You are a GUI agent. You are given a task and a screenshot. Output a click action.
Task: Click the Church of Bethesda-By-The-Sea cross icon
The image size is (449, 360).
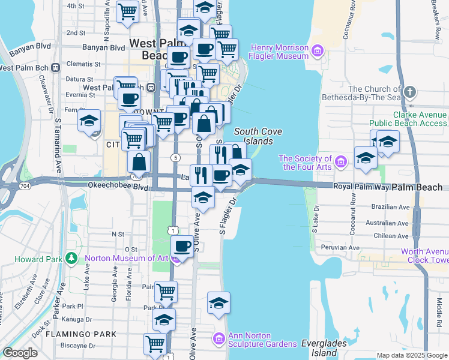pos(410,92)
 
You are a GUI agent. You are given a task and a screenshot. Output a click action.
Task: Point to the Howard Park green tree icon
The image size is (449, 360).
pos(71,259)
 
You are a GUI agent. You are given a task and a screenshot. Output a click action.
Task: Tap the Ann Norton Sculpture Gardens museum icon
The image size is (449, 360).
pos(218,340)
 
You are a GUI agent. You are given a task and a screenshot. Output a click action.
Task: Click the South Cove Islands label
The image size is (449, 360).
pos(253,136)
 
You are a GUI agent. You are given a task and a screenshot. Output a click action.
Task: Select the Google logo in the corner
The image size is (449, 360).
pos(20,353)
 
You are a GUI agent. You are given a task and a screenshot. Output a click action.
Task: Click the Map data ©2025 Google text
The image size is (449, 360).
pos(411,355)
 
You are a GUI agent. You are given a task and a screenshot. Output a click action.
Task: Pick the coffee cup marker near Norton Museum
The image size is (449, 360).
pos(182,245)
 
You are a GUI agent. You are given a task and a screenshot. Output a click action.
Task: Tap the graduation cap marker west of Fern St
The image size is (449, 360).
pos(89,120)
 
